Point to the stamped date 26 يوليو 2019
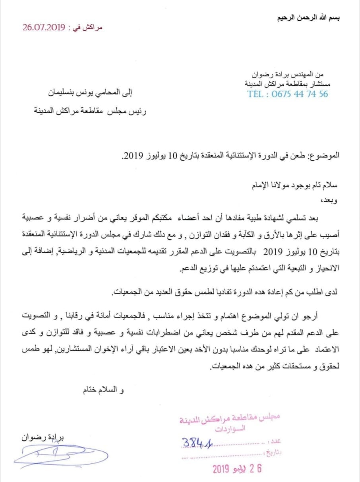click(237, 469)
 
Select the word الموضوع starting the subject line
click(327, 156)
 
